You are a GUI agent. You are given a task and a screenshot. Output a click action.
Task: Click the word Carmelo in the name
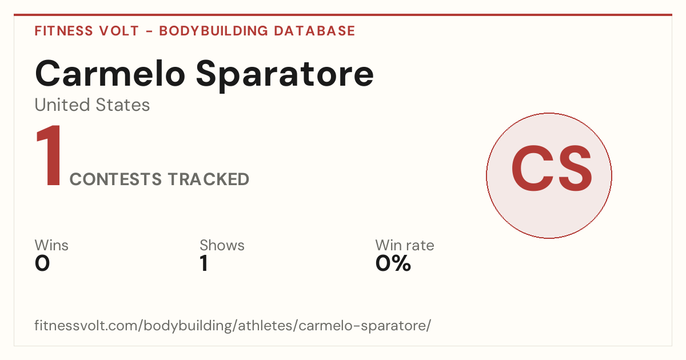[110, 74]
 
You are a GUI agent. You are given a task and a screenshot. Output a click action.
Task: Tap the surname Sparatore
[285, 75]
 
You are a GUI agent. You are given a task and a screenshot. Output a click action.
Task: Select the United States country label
[92, 105]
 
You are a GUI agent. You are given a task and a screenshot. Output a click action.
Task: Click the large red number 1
[49, 155]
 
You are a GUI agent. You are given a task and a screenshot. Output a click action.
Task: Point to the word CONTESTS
[115, 179]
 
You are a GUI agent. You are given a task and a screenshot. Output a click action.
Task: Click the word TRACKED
[209, 179]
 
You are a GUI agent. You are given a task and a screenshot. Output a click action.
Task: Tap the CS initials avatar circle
[549, 175]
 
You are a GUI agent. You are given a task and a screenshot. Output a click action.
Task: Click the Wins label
[51, 245]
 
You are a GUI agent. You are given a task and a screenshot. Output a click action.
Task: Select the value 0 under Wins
[42, 263]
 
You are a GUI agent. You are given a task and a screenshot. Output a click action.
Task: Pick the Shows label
[222, 245]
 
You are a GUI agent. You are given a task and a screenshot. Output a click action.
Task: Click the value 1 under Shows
[204, 263]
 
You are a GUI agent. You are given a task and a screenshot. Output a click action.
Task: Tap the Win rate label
[405, 245]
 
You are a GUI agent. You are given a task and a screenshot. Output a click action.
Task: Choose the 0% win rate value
[393, 263]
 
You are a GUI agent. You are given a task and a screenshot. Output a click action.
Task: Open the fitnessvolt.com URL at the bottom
[233, 325]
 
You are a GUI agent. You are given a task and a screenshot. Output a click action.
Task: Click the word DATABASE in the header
[314, 31]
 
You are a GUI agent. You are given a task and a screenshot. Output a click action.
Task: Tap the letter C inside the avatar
[532, 169]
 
